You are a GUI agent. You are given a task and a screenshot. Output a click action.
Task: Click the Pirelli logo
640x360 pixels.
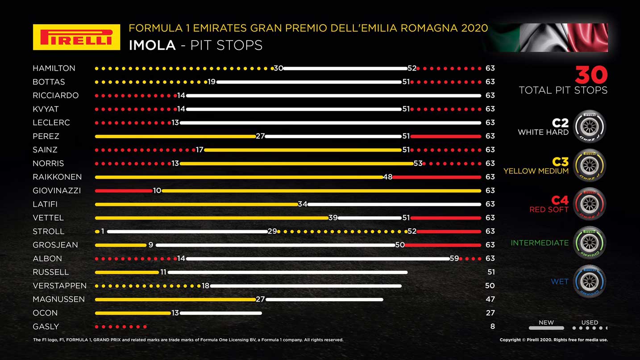(76, 37)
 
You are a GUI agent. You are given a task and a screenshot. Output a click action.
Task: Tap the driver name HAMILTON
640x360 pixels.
(54, 68)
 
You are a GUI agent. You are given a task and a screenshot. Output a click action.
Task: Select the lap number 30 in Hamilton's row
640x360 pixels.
(278, 68)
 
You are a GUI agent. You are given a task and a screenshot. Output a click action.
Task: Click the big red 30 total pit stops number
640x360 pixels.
(591, 75)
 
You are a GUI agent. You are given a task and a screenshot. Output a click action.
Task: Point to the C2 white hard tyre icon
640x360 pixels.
(589, 126)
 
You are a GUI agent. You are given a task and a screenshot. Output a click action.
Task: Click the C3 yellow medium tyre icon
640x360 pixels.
(589, 165)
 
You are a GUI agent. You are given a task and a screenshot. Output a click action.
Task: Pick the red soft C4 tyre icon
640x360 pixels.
(589, 204)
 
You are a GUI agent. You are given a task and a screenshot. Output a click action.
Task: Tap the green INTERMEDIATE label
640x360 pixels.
(540, 243)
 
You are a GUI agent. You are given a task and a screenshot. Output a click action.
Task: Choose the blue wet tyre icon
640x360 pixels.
(589, 281)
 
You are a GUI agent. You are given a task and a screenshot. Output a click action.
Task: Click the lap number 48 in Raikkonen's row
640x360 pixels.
(387, 177)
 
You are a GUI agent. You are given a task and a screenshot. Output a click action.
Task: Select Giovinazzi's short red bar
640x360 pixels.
(124, 190)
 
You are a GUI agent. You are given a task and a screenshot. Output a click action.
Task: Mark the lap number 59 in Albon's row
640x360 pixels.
(454, 258)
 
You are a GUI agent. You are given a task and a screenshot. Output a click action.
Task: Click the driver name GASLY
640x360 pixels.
(46, 327)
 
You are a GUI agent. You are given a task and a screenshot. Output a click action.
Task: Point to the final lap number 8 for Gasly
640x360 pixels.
(492, 327)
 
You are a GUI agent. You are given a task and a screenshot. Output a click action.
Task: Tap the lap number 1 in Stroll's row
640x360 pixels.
(103, 231)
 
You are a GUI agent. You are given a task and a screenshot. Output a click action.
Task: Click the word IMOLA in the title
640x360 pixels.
(152, 46)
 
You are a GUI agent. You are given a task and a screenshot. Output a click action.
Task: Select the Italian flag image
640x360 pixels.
(546, 37)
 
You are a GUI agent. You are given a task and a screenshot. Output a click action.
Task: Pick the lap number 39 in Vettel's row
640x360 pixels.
(333, 218)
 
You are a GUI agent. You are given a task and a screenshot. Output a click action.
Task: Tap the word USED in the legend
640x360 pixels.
(590, 323)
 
